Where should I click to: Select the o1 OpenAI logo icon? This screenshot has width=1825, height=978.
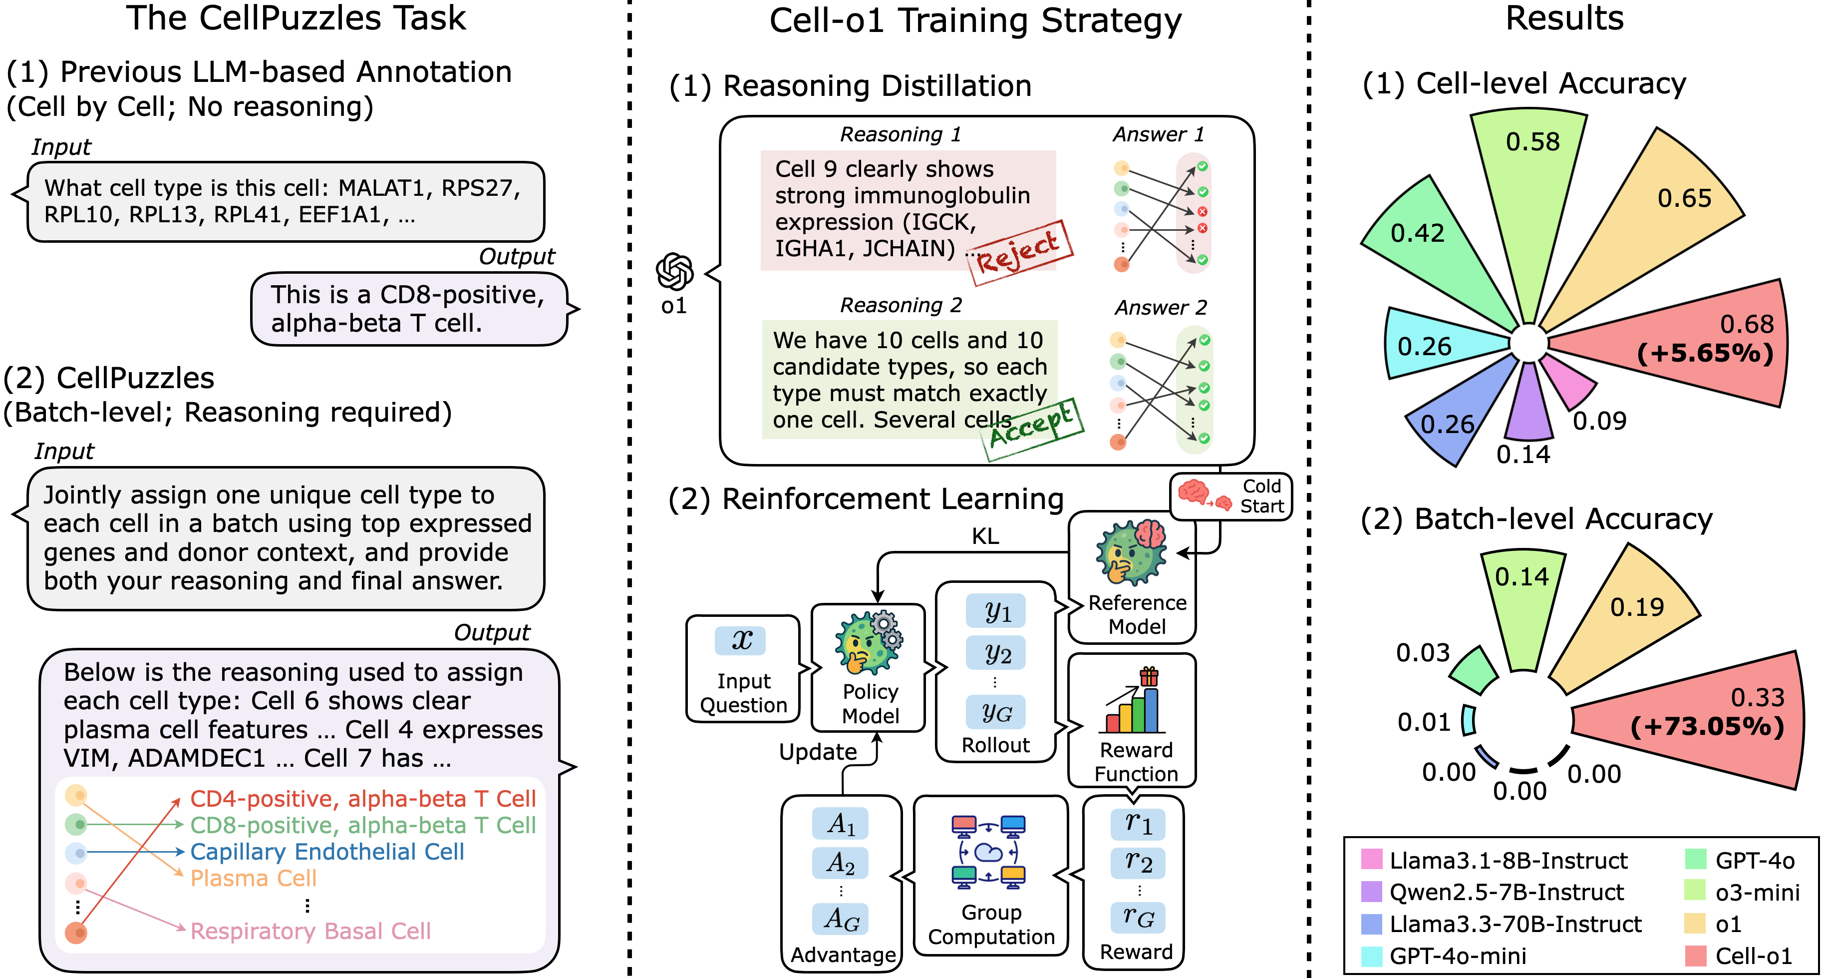pyautogui.click(x=674, y=271)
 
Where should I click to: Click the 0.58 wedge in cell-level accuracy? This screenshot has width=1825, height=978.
pyautogui.click(x=1530, y=184)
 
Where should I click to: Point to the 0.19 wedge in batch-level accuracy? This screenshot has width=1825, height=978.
pyautogui.click(x=1629, y=616)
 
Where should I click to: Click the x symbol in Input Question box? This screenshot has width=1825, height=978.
pyautogui.click(x=741, y=640)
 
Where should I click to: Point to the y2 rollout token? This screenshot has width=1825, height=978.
pyautogui.click(x=996, y=653)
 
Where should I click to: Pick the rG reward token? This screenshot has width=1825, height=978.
pyautogui.click(x=1138, y=917)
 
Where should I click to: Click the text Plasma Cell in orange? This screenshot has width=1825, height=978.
pyautogui.click(x=253, y=878)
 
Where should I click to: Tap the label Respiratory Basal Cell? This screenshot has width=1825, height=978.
pyautogui.click(x=310, y=931)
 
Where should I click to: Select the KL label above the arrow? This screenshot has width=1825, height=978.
pyautogui.click(x=985, y=536)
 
